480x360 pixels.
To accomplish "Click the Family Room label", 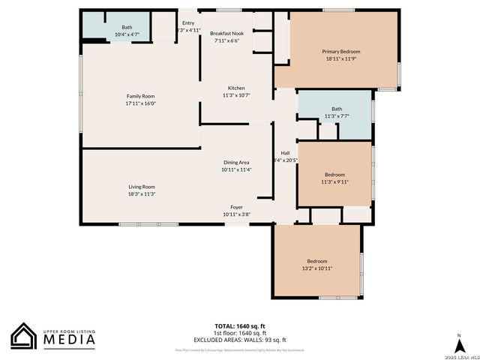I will click(x=140, y=96).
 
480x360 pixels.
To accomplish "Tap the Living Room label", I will click(x=141, y=187).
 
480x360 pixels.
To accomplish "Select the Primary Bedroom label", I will click(x=341, y=51).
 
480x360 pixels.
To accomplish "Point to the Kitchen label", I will click(x=236, y=88).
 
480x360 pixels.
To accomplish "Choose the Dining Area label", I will click(x=236, y=162).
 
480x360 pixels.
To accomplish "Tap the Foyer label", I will click(x=236, y=206).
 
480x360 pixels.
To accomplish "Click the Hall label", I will click(x=286, y=152).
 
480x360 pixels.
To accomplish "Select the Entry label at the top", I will click(x=187, y=22).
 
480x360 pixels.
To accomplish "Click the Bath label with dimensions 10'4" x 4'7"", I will click(x=127, y=28).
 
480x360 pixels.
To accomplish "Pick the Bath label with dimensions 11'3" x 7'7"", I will click(x=337, y=109).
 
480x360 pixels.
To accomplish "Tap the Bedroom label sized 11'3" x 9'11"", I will click(x=334, y=174).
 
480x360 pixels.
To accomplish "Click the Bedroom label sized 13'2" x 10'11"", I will click(x=317, y=261).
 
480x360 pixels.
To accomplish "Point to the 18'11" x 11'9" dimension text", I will click(x=341, y=58).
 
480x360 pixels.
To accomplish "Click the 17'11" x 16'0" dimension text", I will click(x=140, y=103).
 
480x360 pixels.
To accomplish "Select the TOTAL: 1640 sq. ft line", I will click(x=240, y=325).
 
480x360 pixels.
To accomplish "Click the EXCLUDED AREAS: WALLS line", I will click(x=240, y=340).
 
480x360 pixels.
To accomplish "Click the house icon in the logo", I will click(x=24, y=336).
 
